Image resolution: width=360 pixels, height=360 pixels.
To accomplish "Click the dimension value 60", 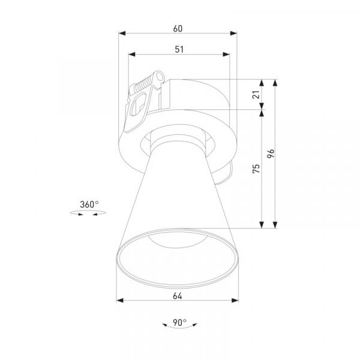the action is [x=178, y=29].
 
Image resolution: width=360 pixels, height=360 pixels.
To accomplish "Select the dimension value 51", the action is [x=179, y=50].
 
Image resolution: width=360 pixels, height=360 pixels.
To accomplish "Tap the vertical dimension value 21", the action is [x=256, y=95].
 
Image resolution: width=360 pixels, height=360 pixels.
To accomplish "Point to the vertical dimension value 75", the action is [x=256, y=169].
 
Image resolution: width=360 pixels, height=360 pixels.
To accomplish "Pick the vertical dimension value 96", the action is [x=271, y=154].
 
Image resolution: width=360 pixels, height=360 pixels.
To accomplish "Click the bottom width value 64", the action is [x=177, y=296].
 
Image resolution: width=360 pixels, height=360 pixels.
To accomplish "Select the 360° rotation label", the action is [x=89, y=205].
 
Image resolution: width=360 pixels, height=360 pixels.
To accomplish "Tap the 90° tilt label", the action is [x=179, y=323].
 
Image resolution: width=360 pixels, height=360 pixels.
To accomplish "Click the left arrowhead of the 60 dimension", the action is [x=122, y=33].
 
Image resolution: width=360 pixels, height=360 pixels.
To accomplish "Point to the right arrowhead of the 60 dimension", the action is [x=233, y=33].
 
